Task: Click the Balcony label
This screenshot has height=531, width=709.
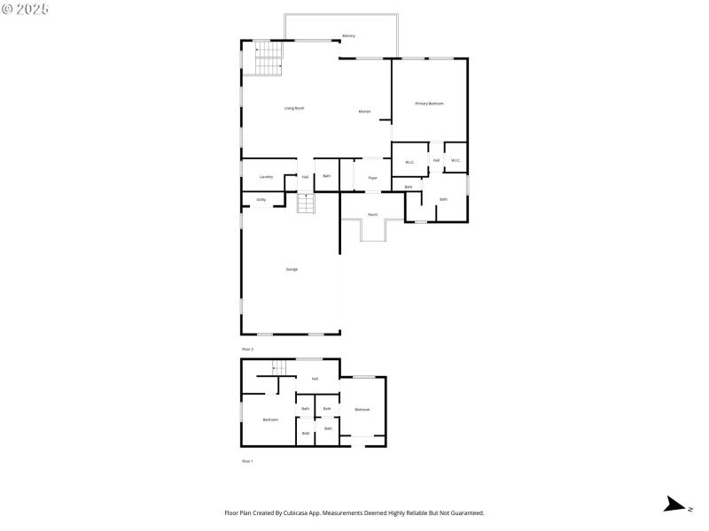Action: pyautogui.click(x=349, y=36)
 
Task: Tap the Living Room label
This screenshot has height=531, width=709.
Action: pyautogui.click(x=294, y=108)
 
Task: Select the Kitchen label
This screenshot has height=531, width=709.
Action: pyautogui.click(x=364, y=112)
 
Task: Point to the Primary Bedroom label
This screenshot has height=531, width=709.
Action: pyautogui.click(x=430, y=104)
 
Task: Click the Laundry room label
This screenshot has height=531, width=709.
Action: pyautogui.click(x=266, y=177)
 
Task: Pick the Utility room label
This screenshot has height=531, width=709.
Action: pyautogui.click(x=261, y=200)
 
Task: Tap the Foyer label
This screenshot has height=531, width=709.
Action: pyautogui.click(x=373, y=178)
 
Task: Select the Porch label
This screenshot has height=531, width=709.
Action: pyautogui.click(x=373, y=214)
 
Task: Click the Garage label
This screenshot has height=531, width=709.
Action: pyautogui.click(x=292, y=269)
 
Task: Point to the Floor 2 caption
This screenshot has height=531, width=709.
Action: pyautogui.click(x=248, y=350)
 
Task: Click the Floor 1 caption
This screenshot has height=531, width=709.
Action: pyautogui.click(x=248, y=462)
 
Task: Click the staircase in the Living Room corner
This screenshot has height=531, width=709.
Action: pyautogui.click(x=269, y=58)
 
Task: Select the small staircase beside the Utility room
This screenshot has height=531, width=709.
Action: pyautogui.click(x=306, y=204)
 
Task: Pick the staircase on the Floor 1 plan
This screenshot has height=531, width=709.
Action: pyautogui.click(x=281, y=366)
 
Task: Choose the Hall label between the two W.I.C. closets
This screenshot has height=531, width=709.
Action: pyautogui.click(x=437, y=160)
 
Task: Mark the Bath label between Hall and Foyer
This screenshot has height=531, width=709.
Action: pyautogui.click(x=326, y=177)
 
